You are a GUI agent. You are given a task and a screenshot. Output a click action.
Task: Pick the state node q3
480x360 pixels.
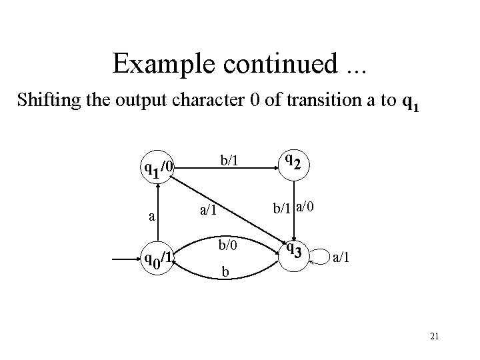[294, 251]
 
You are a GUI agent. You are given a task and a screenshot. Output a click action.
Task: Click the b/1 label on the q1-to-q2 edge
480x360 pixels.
[229, 161]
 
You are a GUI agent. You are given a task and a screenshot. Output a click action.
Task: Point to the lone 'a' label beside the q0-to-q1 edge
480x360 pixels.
[152, 216]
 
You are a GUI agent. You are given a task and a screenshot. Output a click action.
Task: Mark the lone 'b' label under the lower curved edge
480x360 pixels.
[225, 272]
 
